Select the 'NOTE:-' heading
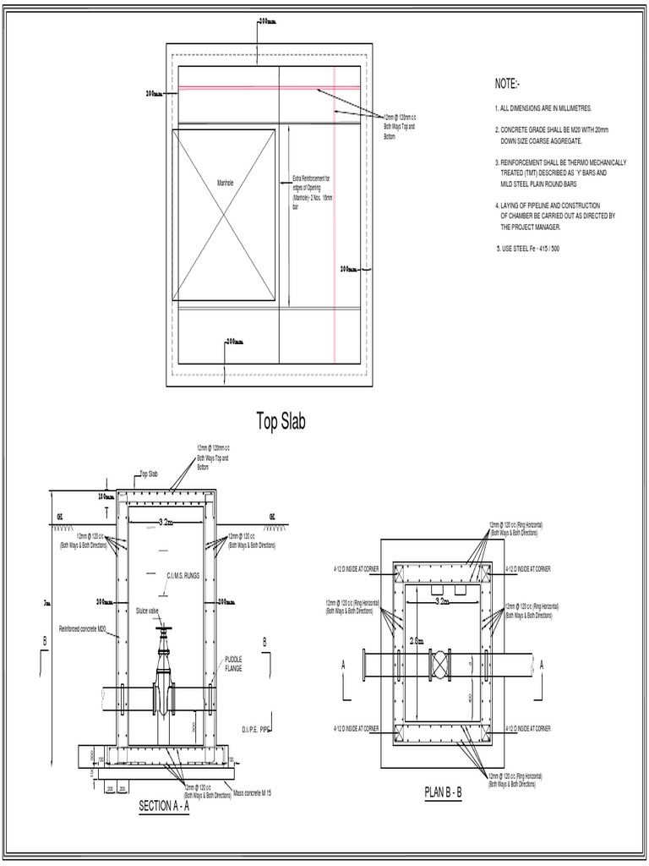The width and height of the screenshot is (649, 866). coord(509,85)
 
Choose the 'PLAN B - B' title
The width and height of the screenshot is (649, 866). coord(444,792)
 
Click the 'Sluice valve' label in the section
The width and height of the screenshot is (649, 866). coord(147,609)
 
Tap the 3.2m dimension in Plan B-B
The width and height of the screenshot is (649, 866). coord(442,601)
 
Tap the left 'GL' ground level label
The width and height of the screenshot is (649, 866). coord(59,515)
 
